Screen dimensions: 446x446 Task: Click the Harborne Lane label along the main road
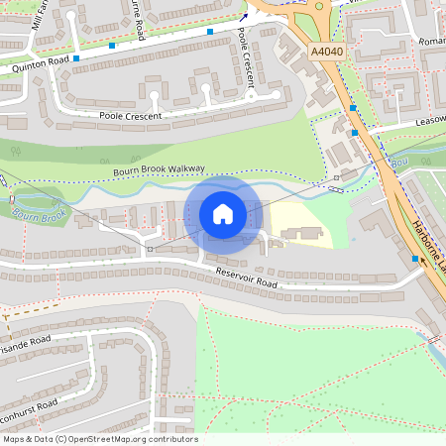[x=428, y=248]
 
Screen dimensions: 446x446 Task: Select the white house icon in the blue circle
[x=223, y=213]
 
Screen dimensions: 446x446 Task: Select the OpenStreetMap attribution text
[x=100, y=439]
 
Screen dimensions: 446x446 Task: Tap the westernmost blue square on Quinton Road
[x=75, y=58]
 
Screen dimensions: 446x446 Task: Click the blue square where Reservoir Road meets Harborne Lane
[x=415, y=259]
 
